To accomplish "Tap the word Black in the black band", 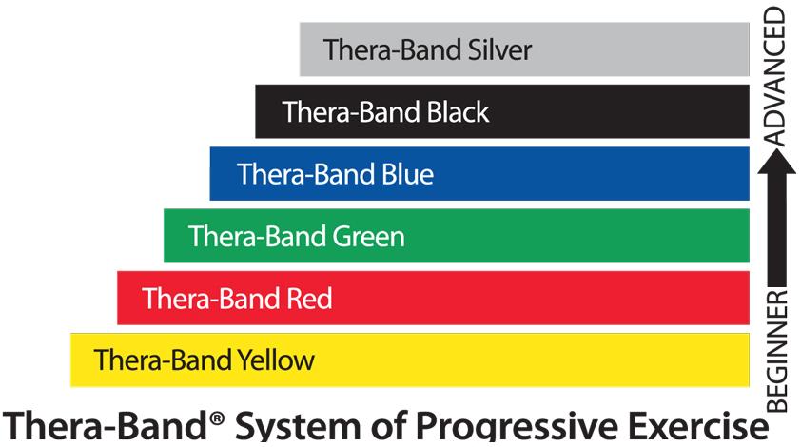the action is tap(458, 112).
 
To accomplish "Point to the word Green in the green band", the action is tap(368, 237).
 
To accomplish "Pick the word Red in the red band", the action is tap(309, 299).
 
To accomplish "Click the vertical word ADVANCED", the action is tap(775, 77).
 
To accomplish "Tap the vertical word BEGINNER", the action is tap(777, 351).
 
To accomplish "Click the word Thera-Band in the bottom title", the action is tap(106, 425).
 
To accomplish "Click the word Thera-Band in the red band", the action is tap(211, 299).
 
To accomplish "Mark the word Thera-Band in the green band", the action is tap(258, 237).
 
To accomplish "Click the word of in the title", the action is tap(388, 425).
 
